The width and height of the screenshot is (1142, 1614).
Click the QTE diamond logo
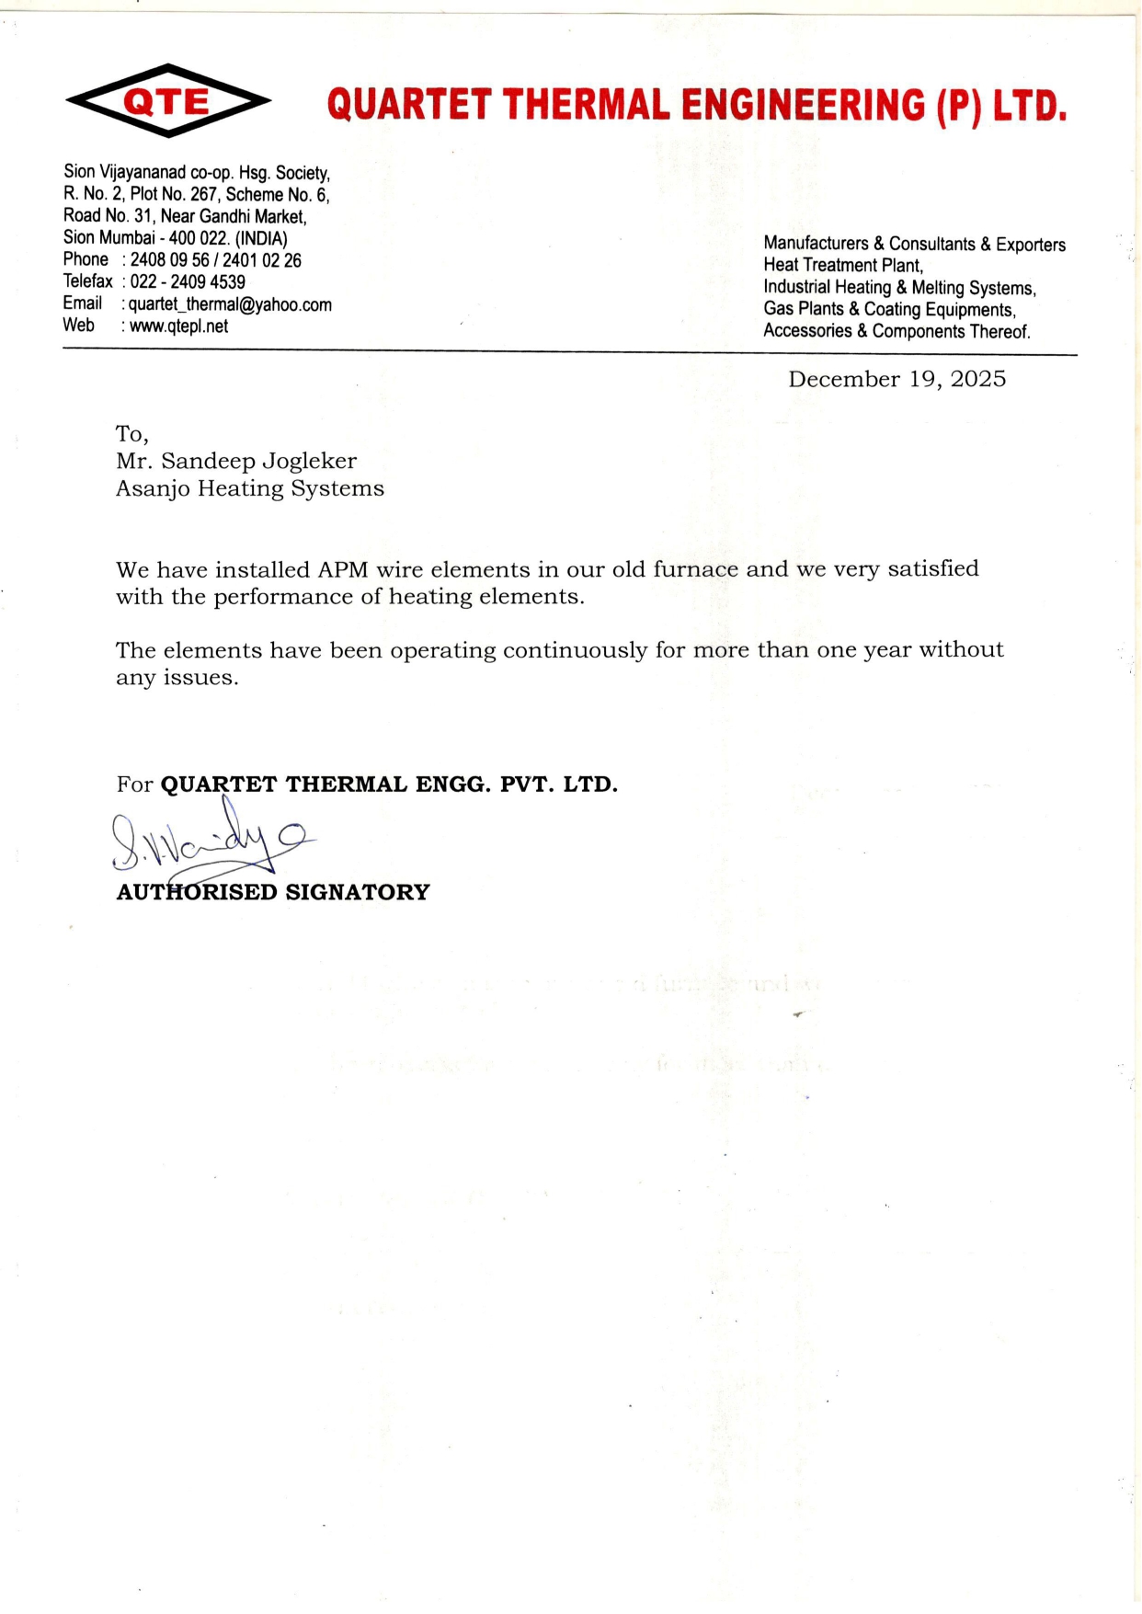[x=168, y=101]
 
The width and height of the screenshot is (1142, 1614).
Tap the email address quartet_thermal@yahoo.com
[x=230, y=304]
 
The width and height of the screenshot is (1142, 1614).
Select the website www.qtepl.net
[x=178, y=326]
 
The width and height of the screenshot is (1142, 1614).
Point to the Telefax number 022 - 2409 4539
[x=188, y=282]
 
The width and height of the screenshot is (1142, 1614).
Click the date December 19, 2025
[x=896, y=380]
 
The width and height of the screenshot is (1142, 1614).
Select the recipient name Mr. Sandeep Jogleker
[x=236, y=461]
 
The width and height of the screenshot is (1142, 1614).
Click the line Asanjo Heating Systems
[x=250, y=488]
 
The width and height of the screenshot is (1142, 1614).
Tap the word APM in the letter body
[x=343, y=570]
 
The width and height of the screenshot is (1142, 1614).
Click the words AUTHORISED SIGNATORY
[x=273, y=892]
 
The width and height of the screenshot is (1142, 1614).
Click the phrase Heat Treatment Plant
[x=842, y=266]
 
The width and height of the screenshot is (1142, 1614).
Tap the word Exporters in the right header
[x=1031, y=245]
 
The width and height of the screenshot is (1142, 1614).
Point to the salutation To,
[x=132, y=434]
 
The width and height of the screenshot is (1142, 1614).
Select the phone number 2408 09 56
[x=169, y=260]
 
